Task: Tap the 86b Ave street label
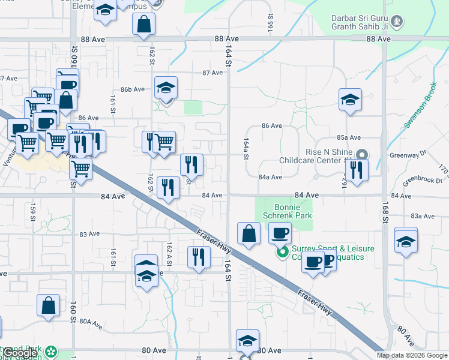[133, 89]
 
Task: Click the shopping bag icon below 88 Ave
[144, 25]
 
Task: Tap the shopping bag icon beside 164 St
[249, 234]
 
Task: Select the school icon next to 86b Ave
[166, 88]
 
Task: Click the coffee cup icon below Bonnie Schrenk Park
[279, 233]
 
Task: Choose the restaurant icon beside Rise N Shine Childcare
[357, 170]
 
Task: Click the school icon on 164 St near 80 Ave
[247, 341]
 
